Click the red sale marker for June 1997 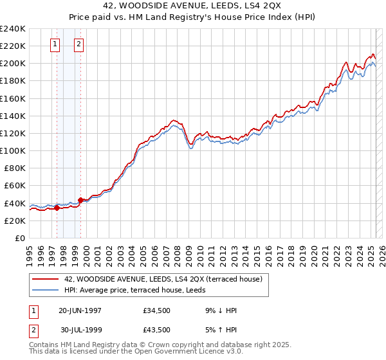pyautogui.click(x=57, y=208)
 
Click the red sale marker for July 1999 pyautogui.click(x=81, y=200)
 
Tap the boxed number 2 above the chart pyautogui.click(x=78, y=44)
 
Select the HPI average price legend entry pyautogui.click(x=134, y=291)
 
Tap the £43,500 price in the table pyautogui.click(x=157, y=330)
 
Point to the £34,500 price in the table pyautogui.click(x=157, y=310)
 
